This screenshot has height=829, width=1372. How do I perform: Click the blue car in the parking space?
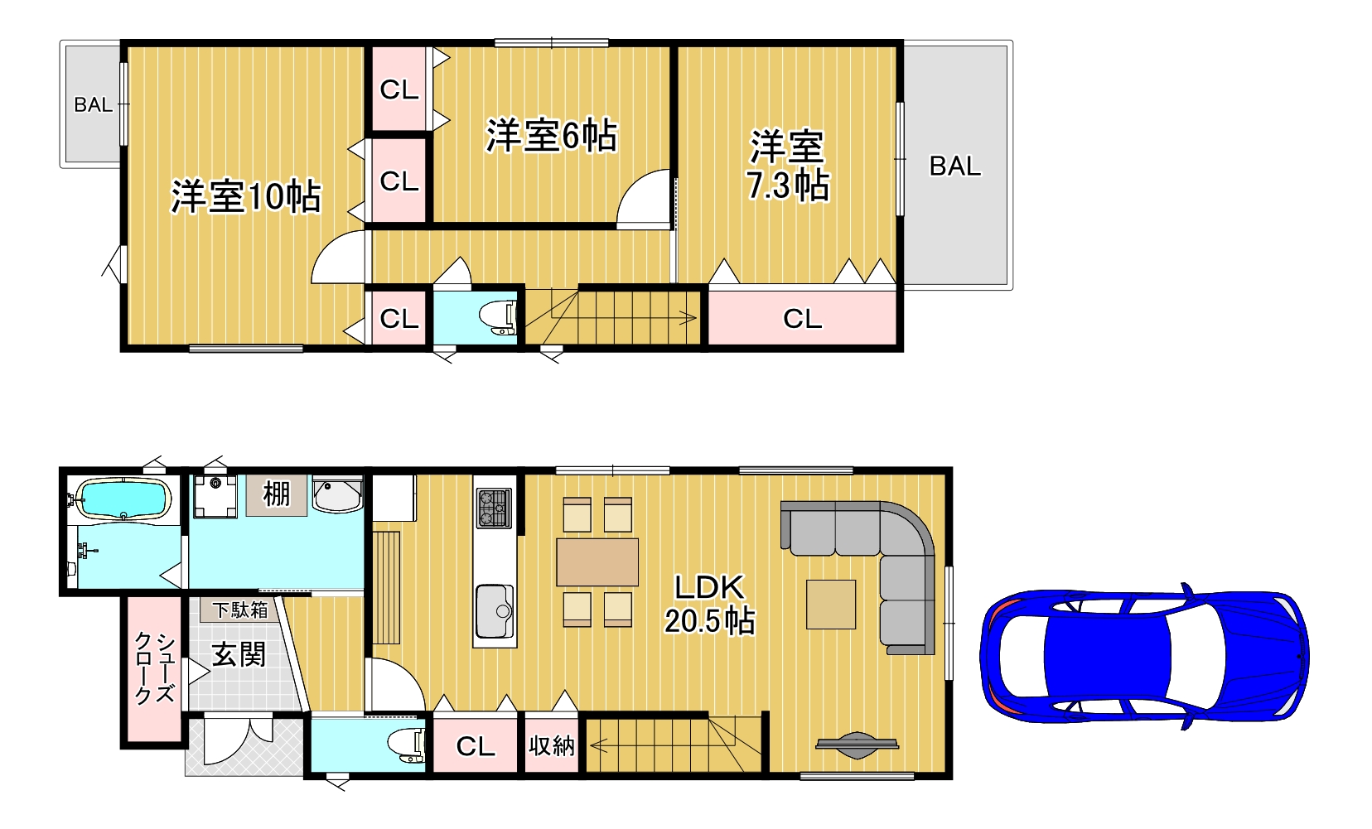(x=1144, y=656)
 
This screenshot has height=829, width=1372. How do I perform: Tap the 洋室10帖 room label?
(x=245, y=196)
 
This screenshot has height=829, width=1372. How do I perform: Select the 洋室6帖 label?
(x=551, y=135)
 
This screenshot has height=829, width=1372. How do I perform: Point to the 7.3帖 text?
(x=788, y=185)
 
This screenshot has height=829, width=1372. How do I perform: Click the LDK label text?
(x=709, y=588)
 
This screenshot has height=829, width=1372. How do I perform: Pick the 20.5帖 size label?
(x=709, y=621)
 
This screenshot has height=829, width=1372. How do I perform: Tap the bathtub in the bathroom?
(x=123, y=499)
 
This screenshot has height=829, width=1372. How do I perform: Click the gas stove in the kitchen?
(x=494, y=508)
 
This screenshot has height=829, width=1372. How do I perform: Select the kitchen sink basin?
(x=495, y=611)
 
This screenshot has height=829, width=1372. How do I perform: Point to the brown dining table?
(x=597, y=562)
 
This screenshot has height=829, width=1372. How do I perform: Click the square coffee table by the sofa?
(x=830, y=605)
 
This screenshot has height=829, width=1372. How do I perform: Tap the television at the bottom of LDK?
(x=857, y=745)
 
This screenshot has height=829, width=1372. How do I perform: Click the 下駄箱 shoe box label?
(x=240, y=610)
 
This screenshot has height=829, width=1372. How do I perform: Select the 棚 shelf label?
(x=276, y=494)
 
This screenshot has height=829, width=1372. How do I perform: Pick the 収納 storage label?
(x=552, y=745)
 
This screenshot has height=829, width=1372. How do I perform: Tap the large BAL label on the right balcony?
(x=955, y=166)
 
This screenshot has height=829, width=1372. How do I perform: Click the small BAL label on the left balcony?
(x=93, y=104)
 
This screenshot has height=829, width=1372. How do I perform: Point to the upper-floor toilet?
(x=497, y=318)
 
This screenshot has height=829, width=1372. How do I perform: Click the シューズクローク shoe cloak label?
(x=155, y=669)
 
